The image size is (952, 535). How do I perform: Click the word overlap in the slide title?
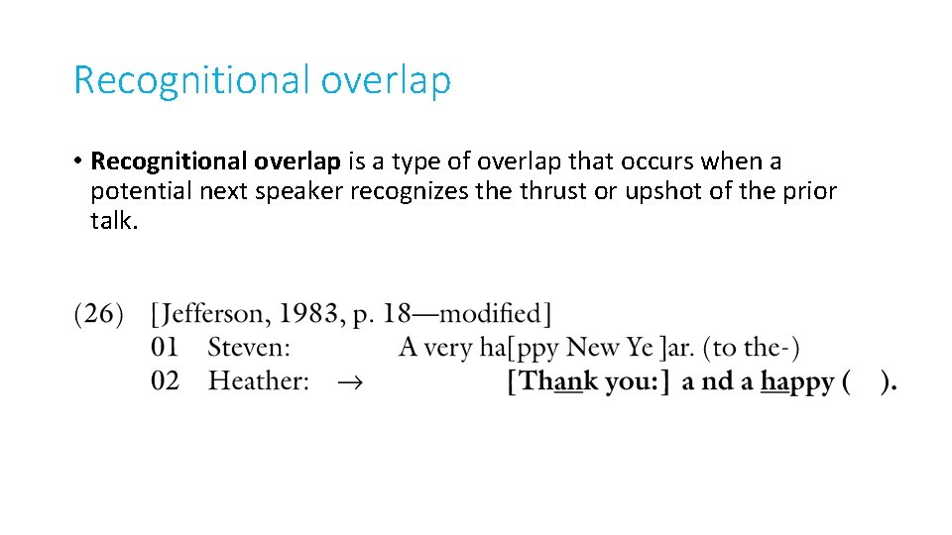point(386,80)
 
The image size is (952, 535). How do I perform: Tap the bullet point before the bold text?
point(77,161)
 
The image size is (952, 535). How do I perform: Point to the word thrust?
point(551,190)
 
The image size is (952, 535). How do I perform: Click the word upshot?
point(663,191)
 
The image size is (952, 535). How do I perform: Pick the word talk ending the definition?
point(112,220)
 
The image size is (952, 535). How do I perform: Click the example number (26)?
point(99,315)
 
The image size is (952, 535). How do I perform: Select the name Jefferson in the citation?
point(210,315)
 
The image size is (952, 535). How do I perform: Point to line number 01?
point(165,348)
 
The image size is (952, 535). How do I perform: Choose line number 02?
point(165,380)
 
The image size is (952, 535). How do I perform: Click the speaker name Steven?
point(249,348)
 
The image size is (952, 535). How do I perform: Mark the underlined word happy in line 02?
point(796,382)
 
